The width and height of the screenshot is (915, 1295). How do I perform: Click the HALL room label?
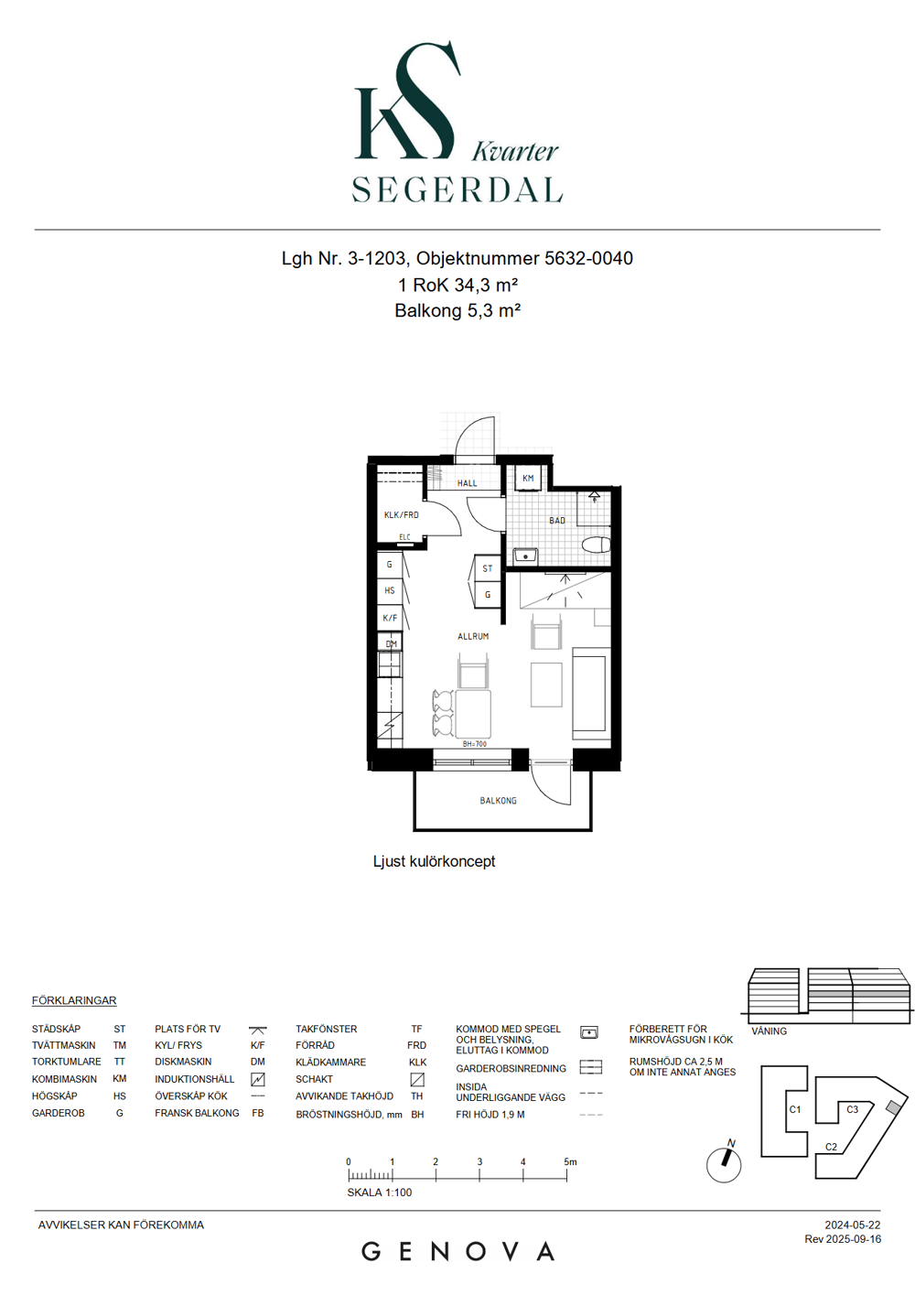point(467,483)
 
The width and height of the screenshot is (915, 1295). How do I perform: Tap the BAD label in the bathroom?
point(557,521)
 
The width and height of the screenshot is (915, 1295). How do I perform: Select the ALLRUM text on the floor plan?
point(473,636)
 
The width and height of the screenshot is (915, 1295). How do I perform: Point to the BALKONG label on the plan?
point(499,801)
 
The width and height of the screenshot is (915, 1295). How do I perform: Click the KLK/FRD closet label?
point(401,514)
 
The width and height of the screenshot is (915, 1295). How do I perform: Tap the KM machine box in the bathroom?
point(528,478)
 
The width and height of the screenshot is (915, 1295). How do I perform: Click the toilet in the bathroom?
point(597,545)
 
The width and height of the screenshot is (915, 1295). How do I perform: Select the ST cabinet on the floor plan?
point(488,568)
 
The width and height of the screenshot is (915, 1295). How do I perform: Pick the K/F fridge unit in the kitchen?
point(390,618)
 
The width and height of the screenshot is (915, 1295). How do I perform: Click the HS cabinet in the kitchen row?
point(390,591)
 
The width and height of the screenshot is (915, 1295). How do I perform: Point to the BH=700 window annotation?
point(475,744)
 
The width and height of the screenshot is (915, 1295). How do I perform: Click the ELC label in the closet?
point(404,537)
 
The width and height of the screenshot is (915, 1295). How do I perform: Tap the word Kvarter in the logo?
point(515,152)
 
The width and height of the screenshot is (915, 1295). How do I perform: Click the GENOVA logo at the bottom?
point(457,1252)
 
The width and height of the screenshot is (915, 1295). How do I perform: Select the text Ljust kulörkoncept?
point(434,861)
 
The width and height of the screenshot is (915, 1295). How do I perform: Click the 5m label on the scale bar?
point(570,1161)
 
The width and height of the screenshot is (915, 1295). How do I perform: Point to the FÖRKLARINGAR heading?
point(74,1000)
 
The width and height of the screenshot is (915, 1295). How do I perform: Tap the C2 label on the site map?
point(831,1147)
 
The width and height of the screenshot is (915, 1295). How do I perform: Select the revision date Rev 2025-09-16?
point(843,1239)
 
